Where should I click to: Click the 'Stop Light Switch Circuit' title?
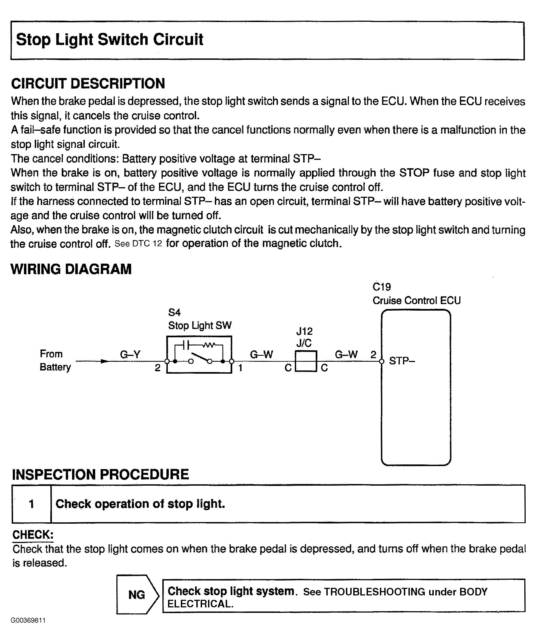click(x=109, y=39)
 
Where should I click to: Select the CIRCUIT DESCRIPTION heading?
click(x=88, y=84)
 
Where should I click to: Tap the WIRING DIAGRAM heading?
click(x=71, y=269)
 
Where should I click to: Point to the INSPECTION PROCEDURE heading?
click(x=100, y=474)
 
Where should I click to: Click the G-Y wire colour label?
click(x=130, y=355)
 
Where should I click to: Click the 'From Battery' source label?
click(x=55, y=360)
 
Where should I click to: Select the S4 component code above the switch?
click(x=174, y=312)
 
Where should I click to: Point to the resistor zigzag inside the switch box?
click(x=209, y=345)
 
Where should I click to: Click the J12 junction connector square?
click(x=306, y=361)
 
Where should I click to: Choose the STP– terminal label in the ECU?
click(x=402, y=361)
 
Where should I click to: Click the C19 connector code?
click(x=382, y=287)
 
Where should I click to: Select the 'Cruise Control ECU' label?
click(x=416, y=301)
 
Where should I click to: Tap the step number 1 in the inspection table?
click(x=31, y=504)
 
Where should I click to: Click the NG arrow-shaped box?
click(x=137, y=595)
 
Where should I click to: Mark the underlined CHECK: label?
click(x=33, y=535)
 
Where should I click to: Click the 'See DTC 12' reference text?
click(x=138, y=244)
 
